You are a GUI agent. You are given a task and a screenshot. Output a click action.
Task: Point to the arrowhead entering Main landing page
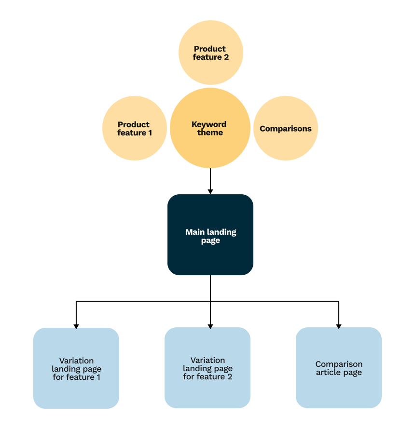(x=210, y=190)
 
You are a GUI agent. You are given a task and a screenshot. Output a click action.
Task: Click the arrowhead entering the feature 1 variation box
(x=76, y=325)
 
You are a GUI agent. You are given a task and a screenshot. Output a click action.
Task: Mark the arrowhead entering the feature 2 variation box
(x=210, y=325)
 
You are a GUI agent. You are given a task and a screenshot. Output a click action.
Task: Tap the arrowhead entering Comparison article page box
(x=339, y=325)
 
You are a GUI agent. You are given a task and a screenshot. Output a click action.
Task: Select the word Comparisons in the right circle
(x=286, y=129)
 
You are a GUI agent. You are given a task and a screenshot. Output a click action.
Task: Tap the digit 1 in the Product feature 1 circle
(x=150, y=133)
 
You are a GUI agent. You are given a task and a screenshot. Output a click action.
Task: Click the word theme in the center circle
(x=210, y=133)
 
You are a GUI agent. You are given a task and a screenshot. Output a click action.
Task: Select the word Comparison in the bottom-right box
(x=339, y=364)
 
